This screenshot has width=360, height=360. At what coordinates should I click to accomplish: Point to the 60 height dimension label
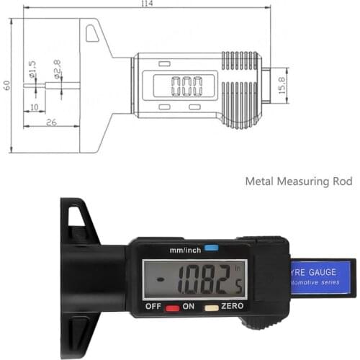(6, 85)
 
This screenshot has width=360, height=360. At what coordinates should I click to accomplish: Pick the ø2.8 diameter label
(58, 71)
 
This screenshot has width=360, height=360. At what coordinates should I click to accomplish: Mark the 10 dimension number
(33, 107)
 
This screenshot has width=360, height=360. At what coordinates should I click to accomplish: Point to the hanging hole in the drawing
(92, 33)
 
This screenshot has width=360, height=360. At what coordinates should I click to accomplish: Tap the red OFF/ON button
(173, 307)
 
